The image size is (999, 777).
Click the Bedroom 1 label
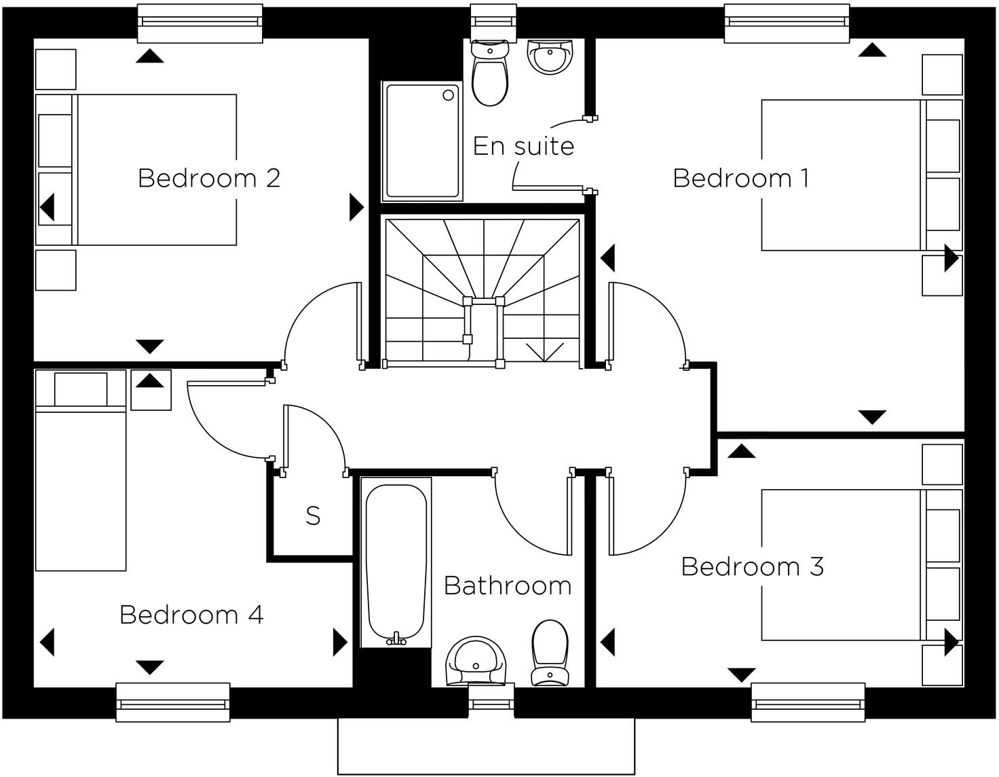click(x=740, y=179)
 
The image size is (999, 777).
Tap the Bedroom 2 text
click(x=208, y=179)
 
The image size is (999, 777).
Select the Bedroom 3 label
click(x=752, y=567)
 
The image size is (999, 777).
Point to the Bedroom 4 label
click(x=191, y=615)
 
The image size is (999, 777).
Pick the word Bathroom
click(x=507, y=586)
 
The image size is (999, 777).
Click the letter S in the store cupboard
click(x=313, y=517)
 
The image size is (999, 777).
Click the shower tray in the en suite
click(x=422, y=141)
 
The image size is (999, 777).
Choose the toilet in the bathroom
click(x=550, y=651)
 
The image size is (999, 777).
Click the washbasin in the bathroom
click(x=476, y=661)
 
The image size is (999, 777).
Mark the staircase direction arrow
click(x=544, y=352)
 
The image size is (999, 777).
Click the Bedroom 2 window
click(x=200, y=22)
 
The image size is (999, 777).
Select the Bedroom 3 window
click(x=808, y=702)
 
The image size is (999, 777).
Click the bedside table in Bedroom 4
click(x=151, y=390)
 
